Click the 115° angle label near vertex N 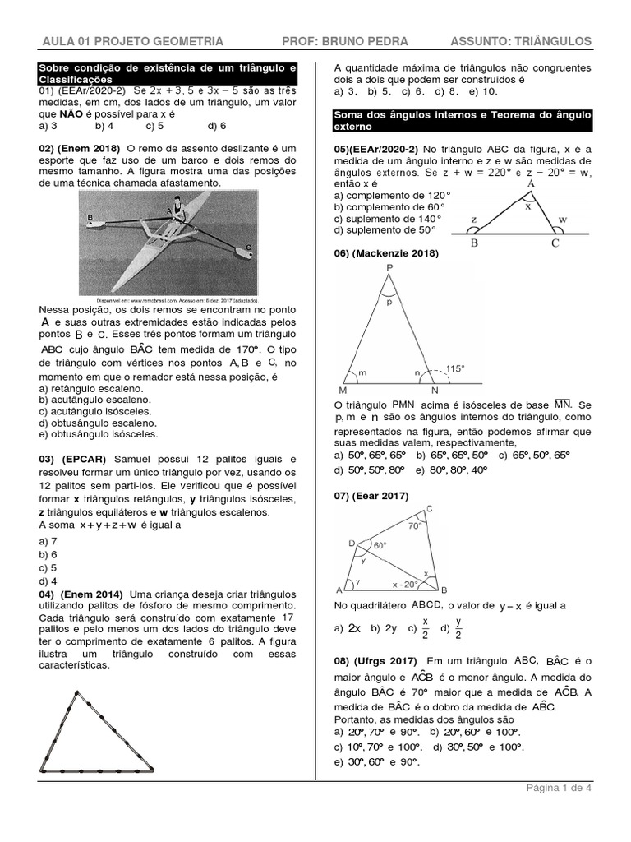[455, 368]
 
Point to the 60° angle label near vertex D [380, 545]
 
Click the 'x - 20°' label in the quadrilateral [406, 585]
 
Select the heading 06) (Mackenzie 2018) [386, 253]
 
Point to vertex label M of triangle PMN [343, 391]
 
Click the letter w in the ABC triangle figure [563, 220]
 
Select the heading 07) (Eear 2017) [371, 495]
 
